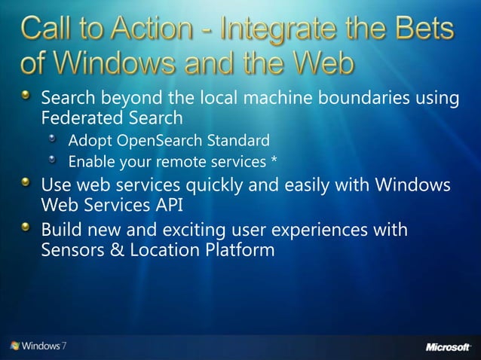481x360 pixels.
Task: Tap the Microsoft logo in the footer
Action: (x=449, y=346)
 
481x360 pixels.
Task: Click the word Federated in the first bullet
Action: (x=78, y=118)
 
